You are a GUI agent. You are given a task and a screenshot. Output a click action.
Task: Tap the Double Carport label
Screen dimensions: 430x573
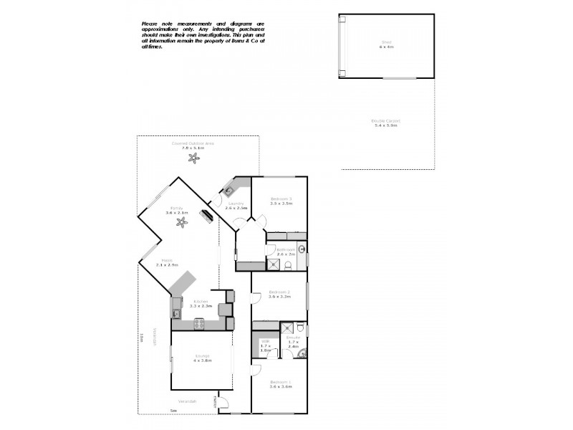click(x=385, y=121)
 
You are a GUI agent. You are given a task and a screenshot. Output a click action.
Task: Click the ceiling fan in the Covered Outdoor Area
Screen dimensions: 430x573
click(x=192, y=158)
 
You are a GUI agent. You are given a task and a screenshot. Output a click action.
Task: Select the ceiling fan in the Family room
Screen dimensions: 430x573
click(x=182, y=222)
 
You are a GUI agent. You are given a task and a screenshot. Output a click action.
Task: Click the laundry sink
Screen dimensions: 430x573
click(x=229, y=191)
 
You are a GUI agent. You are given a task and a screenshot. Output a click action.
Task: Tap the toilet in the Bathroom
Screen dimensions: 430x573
click(x=288, y=265)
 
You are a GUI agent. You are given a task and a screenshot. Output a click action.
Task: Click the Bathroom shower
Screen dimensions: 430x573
click(x=272, y=264)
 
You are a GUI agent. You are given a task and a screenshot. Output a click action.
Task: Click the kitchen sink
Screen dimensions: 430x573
click(x=175, y=313)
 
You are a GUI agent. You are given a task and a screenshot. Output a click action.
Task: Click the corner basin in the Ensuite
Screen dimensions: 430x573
click(x=302, y=352)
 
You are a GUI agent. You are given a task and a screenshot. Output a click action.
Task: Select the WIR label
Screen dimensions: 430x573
click(x=265, y=341)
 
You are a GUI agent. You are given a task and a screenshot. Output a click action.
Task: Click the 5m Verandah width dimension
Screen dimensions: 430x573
click(x=173, y=410)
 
